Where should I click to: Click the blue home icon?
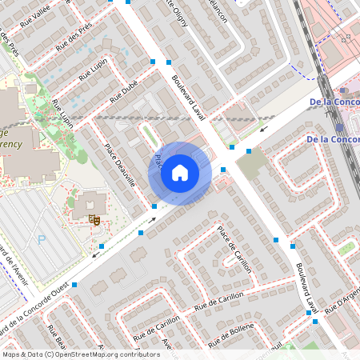[180, 173]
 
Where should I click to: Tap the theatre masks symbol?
[94, 218]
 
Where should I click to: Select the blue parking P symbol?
[42, 238]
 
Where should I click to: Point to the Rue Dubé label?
[126, 95]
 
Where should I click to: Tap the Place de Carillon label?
[234, 249]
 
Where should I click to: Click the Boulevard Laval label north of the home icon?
[189, 97]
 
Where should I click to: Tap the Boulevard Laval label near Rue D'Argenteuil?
[307, 287]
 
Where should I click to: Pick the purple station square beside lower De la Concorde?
[340, 127]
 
